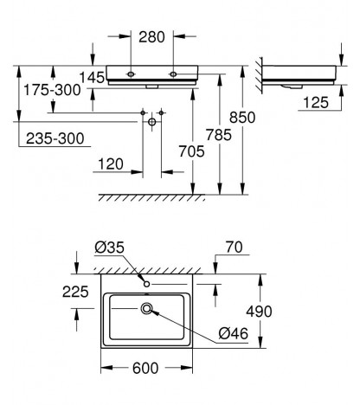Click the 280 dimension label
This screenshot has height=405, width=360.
tap(151, 37)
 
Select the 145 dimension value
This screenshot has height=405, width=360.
tap(92, 77)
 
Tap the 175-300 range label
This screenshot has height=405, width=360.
tap(52, 90)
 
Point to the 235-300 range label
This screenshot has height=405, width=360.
tap(55, 138)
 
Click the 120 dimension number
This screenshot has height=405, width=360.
tap(111, 164)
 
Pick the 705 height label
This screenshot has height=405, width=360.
tap(191, 151)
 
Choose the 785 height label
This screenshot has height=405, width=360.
tap(219, 135)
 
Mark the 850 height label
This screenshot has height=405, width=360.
tap(242, 118)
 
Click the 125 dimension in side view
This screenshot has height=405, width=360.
tap(316, 102)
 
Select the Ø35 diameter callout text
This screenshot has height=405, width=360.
tap(109, 247)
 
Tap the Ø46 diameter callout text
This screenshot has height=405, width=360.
tap(233, 334)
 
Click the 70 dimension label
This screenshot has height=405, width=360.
tap(235, 247)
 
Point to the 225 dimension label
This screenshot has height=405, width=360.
tap(75, 292)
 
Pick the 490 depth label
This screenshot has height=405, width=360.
tap(259, 312)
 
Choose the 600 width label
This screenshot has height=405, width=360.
tap(145, 368)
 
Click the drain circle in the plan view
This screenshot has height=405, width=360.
tap(146, 309)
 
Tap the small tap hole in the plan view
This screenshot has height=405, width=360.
tap(146, 284)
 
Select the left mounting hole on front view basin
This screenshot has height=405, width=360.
tap(131, 74)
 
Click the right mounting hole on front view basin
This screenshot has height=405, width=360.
tap(173, 74)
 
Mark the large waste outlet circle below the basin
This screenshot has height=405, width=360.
tap(152, 122)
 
